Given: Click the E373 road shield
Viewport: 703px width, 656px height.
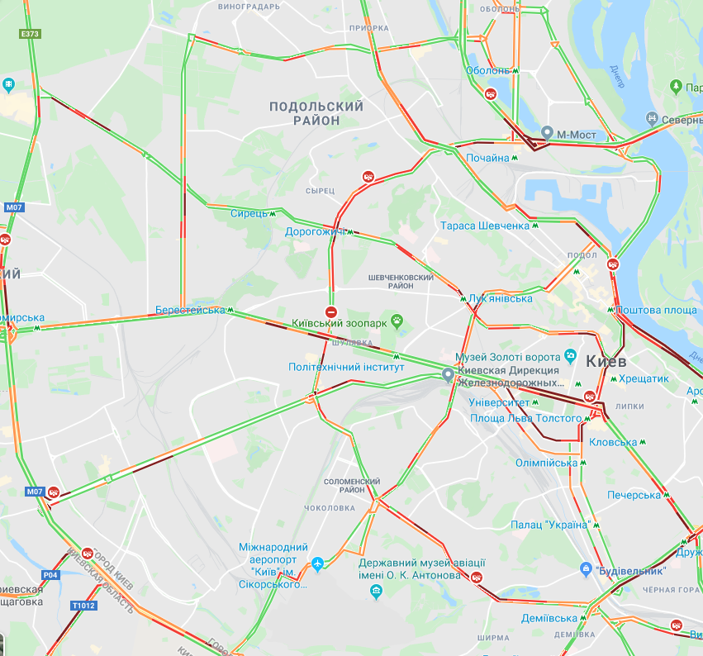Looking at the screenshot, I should [x=30, y=34].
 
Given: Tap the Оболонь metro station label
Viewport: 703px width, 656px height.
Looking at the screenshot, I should [x=487, y=71].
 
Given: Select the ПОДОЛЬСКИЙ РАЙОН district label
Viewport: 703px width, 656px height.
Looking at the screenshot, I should [x=316, y=113].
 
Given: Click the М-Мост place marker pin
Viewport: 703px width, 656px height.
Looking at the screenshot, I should [x=547, y=132].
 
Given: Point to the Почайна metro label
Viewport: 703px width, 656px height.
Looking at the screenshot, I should [x=488, y=157].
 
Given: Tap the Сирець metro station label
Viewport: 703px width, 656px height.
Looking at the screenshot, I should [x=249, y=214].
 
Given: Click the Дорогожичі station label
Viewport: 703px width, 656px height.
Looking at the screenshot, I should [x=315, y=232].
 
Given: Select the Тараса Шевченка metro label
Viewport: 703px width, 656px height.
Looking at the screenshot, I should [x=484, y=226].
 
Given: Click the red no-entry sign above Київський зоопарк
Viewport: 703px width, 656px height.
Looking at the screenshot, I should [x=330, y=311].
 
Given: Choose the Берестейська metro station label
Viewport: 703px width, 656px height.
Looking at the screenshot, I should [x=190, y=310].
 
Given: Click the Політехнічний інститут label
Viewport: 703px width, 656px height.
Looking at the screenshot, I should [x=346, y=367].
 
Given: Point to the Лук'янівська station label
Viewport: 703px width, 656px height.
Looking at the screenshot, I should [x=500, y=298].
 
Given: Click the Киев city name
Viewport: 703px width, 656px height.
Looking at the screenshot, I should [x=606, y=361].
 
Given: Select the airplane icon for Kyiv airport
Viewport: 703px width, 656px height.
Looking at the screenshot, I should [x=317, y=564].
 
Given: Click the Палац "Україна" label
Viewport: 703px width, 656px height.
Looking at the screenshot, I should [x=549, y=525].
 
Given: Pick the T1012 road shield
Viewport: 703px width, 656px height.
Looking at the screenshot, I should [x=83, y=606].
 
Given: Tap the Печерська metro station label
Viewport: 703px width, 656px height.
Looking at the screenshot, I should [x=634, y=495].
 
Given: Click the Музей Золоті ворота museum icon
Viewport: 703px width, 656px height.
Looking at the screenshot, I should [x=570, y=356].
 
